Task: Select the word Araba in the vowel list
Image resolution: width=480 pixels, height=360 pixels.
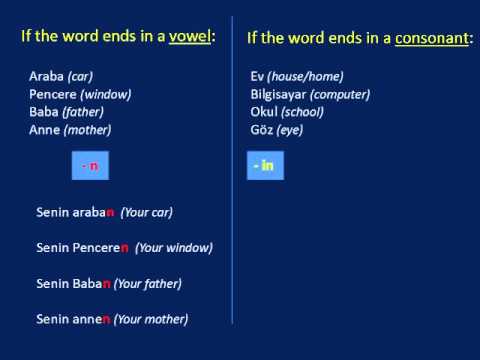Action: tap(47, 77)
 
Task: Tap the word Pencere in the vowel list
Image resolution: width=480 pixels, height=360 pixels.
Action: tap(53, 94)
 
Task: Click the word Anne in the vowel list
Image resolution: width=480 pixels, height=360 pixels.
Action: tap(45, 129)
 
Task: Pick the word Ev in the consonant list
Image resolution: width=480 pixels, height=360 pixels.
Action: tap(258, 77)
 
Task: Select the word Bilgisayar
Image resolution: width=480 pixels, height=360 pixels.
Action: tap(282, 94)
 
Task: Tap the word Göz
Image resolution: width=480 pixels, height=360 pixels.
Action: tap(262, 129)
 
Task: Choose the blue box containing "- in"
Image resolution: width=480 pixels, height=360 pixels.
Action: tap(263, 166)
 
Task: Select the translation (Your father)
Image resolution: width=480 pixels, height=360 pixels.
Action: tap(148, 283)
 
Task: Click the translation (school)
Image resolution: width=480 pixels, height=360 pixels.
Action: tap(304, 112)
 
